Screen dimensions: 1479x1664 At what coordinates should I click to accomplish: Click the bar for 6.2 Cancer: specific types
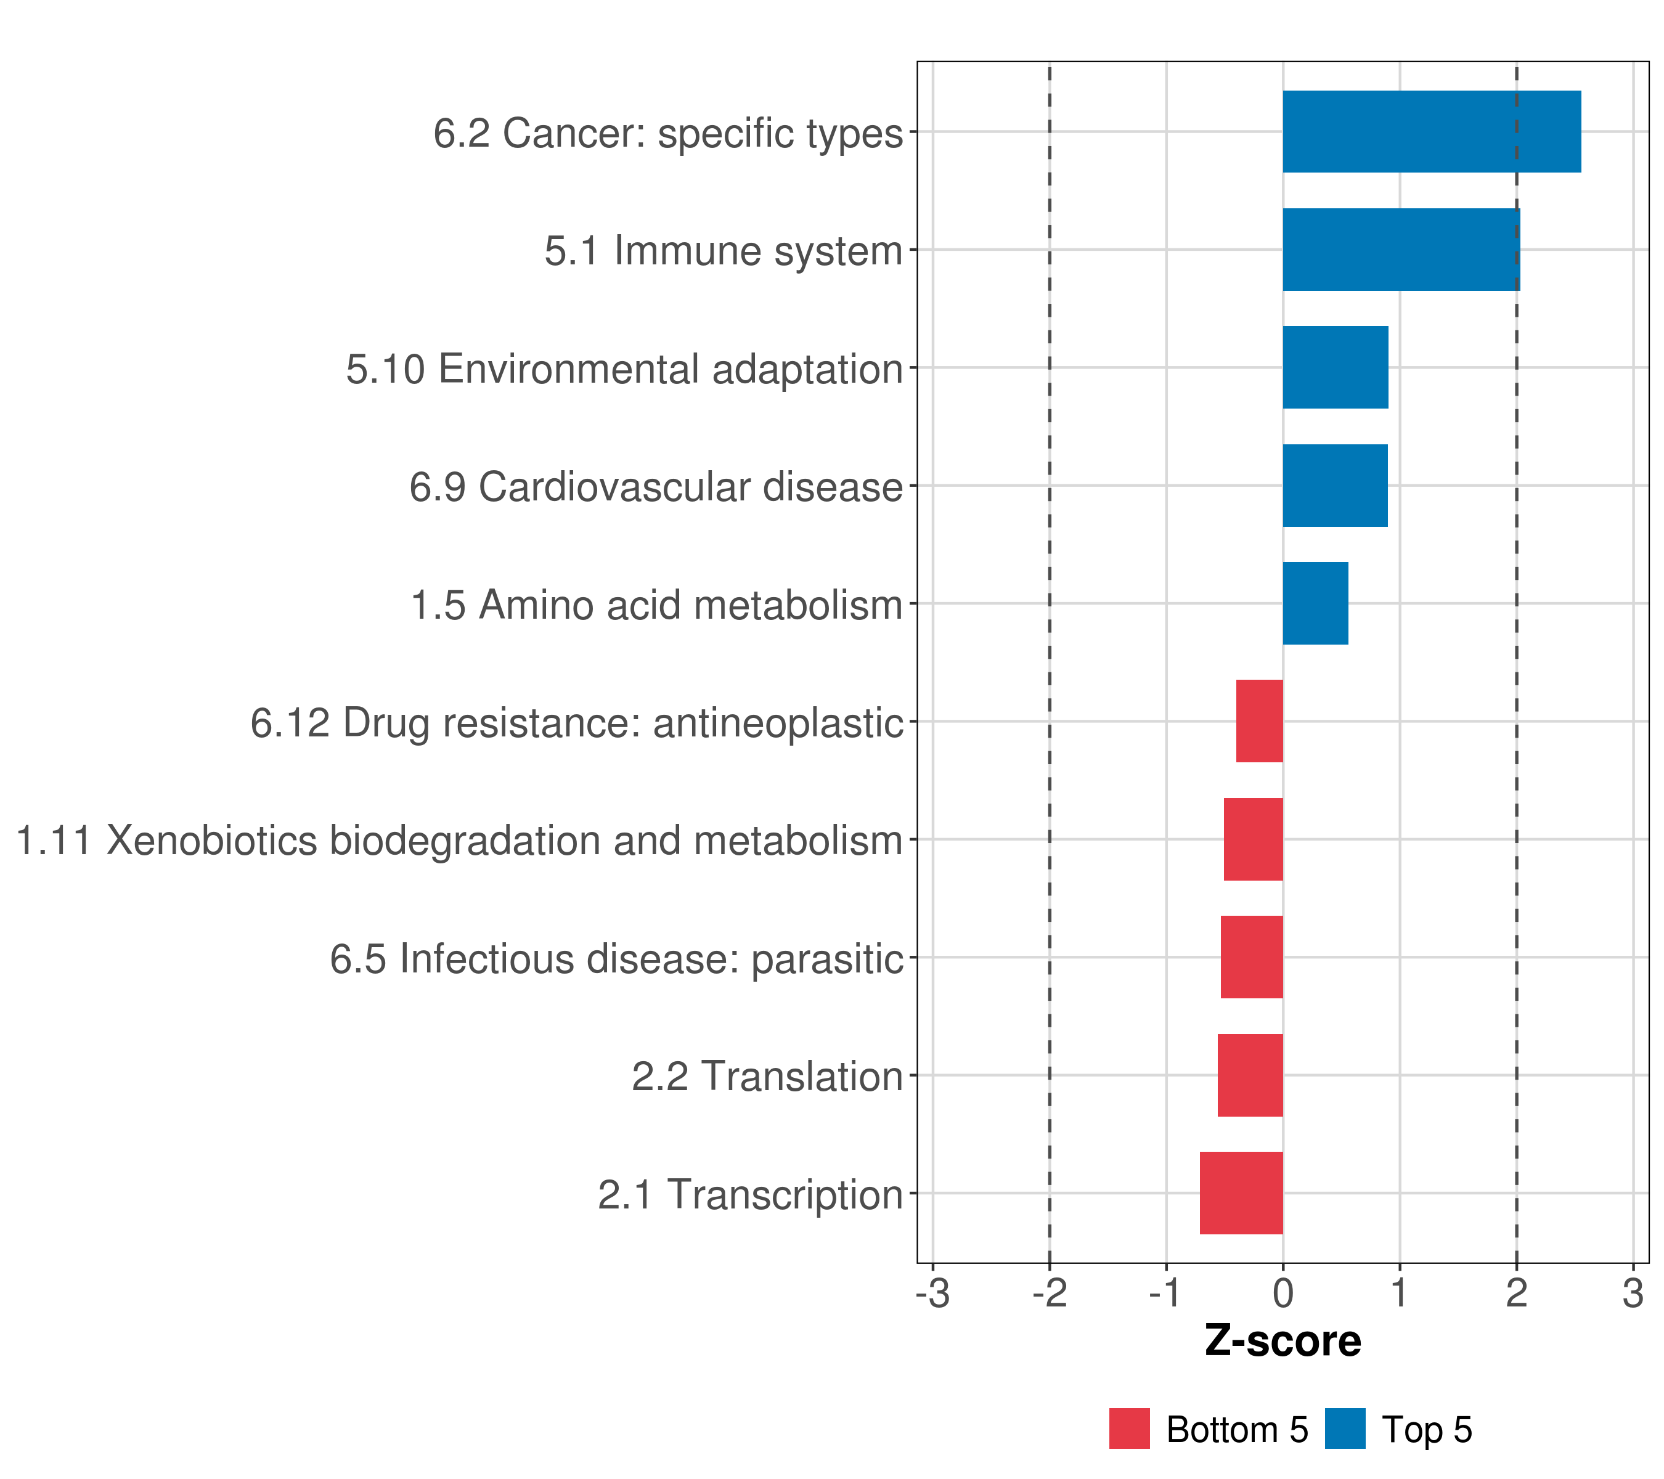pos(1431,132)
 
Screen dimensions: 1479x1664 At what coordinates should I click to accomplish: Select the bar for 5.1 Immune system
pos(1400,250)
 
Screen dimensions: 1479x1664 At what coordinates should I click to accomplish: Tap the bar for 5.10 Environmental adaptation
pos(1335,368)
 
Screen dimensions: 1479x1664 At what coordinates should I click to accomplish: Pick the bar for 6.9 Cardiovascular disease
pos(1334,486)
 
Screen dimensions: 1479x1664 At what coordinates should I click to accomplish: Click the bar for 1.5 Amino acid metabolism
pos(1315,603)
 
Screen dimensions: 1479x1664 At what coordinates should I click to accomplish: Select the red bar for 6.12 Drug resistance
pos(1258,721)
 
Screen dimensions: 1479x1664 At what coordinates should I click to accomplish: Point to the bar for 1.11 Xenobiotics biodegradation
pos(1253,839)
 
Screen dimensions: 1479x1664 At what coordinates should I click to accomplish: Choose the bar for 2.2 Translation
pos(1250,1075)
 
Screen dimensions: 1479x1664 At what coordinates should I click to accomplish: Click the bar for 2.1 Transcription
pos(1241,1193)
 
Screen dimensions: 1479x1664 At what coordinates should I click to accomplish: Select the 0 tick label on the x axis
pos(1283,1294)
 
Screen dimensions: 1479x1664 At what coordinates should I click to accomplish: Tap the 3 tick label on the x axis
pos(1632,1294)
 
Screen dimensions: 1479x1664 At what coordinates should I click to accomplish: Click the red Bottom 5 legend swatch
pos(1129,1428)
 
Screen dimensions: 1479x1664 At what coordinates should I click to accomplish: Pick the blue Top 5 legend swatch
pos(1345,1428)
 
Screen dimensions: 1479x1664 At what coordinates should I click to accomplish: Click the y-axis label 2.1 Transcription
pos(750,1195)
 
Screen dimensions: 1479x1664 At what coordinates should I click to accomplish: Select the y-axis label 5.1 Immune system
pos(723,251)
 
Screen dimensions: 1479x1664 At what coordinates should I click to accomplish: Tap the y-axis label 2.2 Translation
pos(767,1077)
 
